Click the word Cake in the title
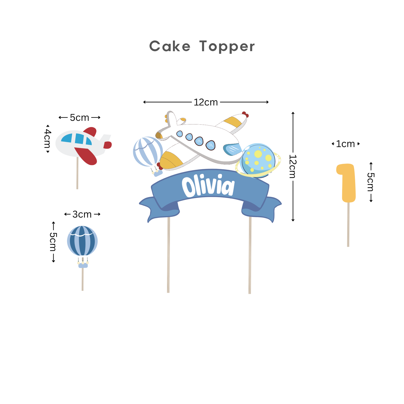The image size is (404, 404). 170,46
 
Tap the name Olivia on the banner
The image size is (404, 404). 208,186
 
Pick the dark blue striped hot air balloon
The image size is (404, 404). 82,241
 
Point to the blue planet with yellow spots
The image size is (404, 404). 258,160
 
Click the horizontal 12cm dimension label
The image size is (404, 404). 206,102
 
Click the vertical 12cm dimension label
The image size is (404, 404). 293,166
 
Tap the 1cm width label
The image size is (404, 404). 346,144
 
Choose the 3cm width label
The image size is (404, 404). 82,214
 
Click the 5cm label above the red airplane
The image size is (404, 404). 79,118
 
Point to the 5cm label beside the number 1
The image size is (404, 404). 371,182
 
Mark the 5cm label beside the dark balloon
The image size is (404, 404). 53,242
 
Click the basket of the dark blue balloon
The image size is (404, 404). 83,265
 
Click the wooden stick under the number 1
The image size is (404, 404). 348,225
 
